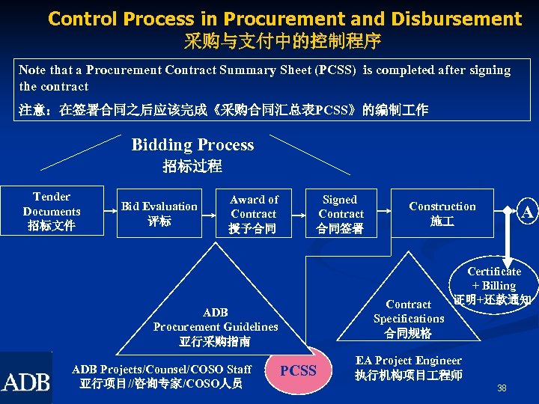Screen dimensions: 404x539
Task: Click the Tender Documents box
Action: click(52, 211)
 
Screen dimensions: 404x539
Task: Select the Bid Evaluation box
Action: click(159, 213)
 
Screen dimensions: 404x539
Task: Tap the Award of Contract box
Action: click(254, 213)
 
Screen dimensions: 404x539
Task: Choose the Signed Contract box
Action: click(340, 213)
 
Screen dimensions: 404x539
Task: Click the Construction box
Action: click(442, 213)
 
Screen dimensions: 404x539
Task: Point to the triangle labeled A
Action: click(526, 213)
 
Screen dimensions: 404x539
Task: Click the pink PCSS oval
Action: click(298, 370)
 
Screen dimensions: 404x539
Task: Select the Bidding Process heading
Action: click(192, 144)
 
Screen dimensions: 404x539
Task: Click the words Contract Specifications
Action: click(409, 311)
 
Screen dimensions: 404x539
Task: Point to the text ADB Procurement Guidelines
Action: click(216, 319)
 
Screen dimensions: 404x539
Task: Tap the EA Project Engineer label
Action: click(409, 361)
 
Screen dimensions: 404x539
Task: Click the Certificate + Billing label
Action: click(494, 278)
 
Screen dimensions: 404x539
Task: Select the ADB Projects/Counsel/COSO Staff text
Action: click(162, 369)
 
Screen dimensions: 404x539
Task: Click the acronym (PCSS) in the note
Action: click(333, 70)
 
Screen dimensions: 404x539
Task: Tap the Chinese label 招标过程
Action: click(192, 166)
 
